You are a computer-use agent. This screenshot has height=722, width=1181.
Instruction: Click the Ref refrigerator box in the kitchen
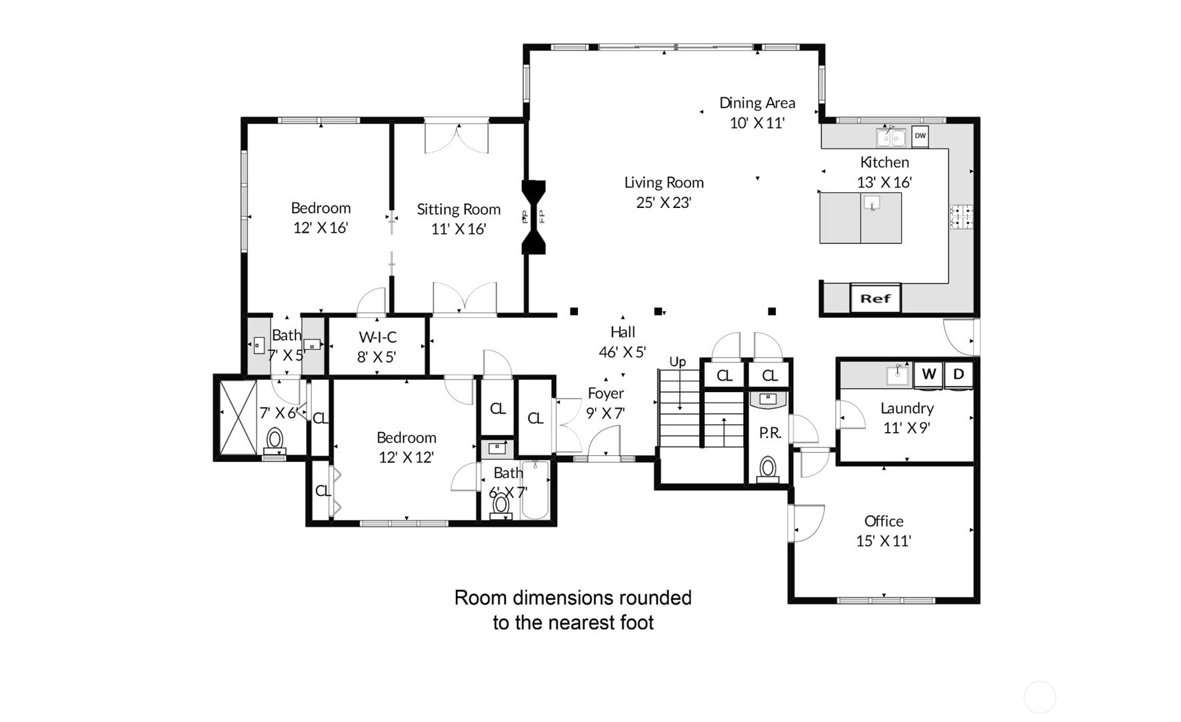(875, 299)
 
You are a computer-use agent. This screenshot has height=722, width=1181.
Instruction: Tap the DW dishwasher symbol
(920, 136)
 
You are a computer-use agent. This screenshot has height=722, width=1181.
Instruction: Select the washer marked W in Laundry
(928, 374)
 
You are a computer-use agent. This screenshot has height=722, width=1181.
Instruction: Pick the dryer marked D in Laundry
(958, 374)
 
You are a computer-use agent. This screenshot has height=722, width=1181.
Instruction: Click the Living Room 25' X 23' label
(664, 192)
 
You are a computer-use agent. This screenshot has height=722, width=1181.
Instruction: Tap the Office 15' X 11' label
(884, 531)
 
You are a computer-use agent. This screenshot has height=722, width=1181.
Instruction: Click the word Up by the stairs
(677, 361)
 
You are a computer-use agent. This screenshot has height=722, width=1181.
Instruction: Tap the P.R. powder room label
(770, 433)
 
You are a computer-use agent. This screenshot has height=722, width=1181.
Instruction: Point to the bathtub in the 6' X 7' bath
(535, 490)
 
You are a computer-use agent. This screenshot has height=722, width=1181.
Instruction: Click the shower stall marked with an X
(237, 417)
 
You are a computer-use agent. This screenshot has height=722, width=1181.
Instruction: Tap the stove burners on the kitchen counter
(960, 217)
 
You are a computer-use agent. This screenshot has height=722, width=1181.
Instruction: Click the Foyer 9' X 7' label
(605, 403)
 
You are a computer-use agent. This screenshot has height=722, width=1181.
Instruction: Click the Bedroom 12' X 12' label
(406, 447)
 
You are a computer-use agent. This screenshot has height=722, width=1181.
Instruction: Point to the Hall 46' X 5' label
(622, 341)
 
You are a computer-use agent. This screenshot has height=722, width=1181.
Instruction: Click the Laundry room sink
(897, 375)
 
